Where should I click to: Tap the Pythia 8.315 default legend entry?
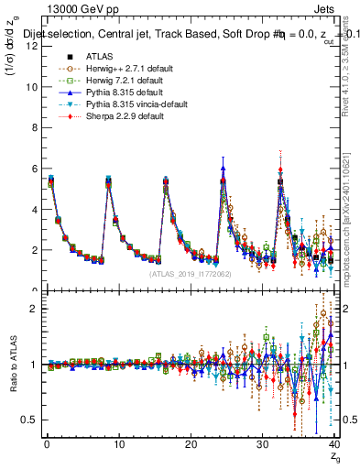click(106, 93)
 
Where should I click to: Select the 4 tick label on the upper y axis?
click(33, 209)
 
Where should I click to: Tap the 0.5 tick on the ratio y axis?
click(29, 420)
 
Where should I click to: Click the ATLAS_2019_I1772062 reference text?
click(190, 274)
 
